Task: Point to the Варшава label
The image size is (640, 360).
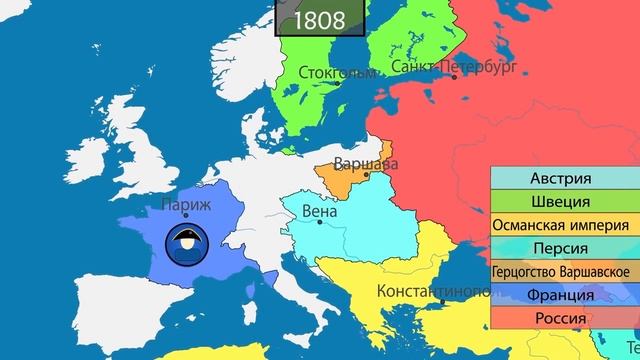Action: [365, 163]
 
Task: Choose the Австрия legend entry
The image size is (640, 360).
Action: [565, 180]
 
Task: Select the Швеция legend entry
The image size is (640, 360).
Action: [565, 203]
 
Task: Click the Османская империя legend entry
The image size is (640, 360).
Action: [565, 226]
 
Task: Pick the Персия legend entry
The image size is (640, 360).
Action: [565, 249]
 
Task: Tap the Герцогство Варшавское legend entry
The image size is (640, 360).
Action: [565, 272]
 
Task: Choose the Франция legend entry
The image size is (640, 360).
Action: [565, 295]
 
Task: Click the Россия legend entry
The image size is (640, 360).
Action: [565, 318]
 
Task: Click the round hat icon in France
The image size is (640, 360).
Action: [185, 243]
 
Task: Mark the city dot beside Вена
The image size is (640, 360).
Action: [320, 222]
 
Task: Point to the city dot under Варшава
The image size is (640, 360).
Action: [367, 176]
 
